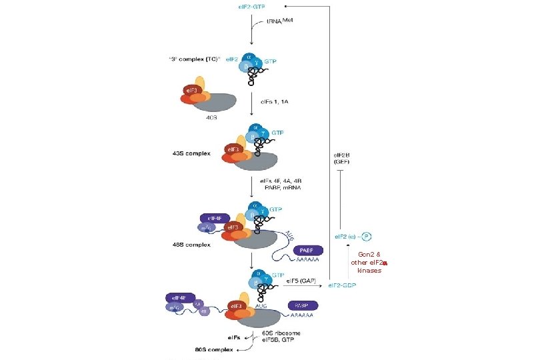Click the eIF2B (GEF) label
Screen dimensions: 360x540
341,158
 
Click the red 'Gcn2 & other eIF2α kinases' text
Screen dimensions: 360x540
369,262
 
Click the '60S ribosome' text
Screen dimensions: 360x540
281,333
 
